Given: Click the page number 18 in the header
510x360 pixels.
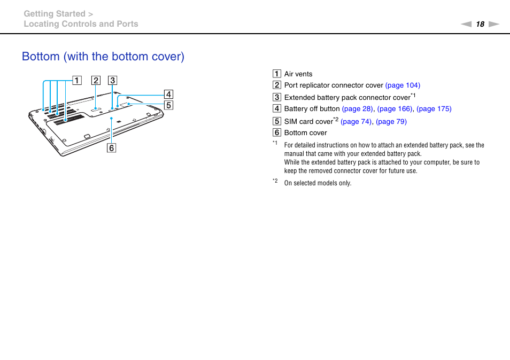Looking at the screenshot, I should click(x=480, y=24).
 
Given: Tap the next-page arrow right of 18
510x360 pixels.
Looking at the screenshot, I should click(x=494, y=24).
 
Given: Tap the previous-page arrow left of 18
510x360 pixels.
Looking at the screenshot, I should click(x=466, y=24).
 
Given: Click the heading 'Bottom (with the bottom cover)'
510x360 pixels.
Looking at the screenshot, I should click(x=103, y=57).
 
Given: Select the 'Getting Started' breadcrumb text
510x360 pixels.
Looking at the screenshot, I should click(x=55, y=14).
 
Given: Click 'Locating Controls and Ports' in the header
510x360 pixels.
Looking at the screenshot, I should click(x=81, y=24).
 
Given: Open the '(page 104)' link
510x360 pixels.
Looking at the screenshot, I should click(x=403, y=85).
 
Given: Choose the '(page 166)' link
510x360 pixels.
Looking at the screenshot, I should click(x=395, y=109).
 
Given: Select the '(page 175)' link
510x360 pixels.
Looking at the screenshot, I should click(x=434, y=109).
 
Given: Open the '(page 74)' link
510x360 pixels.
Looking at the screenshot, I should click(x=357, y=122).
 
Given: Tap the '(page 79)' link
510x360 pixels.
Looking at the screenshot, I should click(x=391, y=122).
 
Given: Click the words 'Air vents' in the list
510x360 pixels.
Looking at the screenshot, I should click(x=298, y=74).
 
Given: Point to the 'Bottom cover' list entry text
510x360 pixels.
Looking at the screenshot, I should click(x=305, y=133).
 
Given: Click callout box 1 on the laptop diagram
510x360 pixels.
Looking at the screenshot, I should click(x=78, y=81).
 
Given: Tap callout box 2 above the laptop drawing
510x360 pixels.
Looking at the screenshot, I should click(x=96, y=81).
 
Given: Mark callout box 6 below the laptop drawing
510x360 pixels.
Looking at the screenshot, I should click(x=111, y=148).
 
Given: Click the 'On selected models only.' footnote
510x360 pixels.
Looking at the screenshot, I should click(x=318, y=183).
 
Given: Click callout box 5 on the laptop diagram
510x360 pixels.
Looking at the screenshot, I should click(x=168, y=105).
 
